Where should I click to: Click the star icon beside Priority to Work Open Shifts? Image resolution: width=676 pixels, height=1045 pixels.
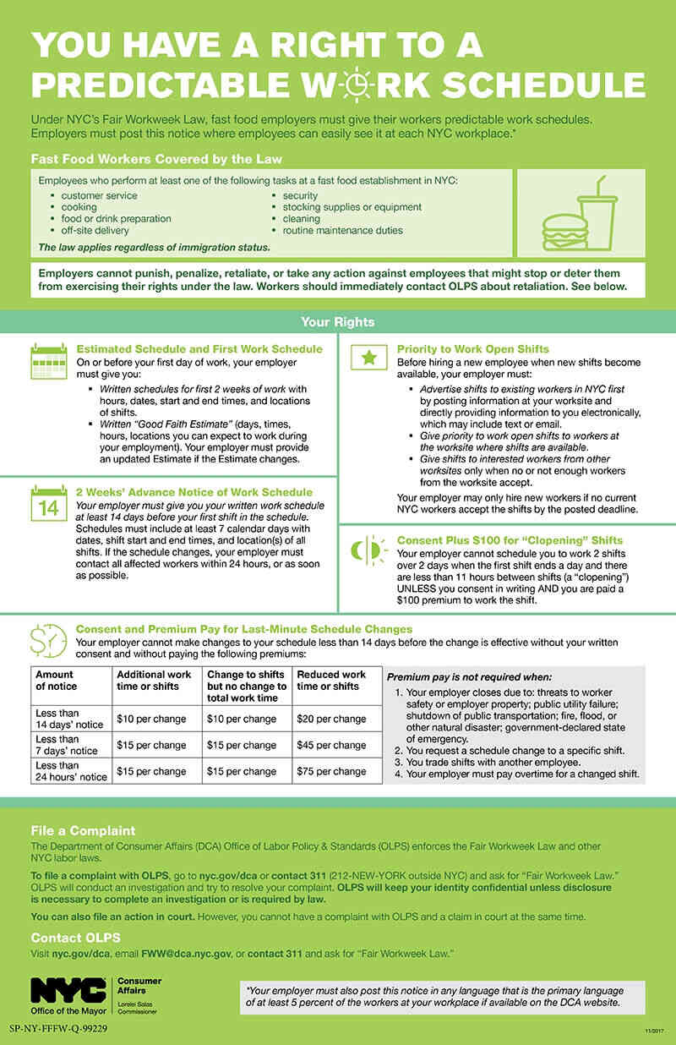point(368,358)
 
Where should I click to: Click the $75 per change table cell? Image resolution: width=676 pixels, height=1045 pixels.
point(331,771)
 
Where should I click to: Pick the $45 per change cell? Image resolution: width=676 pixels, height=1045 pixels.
point(331,745)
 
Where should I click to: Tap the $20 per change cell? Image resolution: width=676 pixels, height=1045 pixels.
point(331,719)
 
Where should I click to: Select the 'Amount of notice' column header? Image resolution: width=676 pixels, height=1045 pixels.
point(56,681)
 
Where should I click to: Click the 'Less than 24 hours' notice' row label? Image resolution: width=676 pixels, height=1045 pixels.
point(70,771)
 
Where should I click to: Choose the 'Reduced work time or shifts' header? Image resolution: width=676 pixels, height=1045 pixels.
point(331,681)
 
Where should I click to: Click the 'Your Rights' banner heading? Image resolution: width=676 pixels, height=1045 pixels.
point(338,322)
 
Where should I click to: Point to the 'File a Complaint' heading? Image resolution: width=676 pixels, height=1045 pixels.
point(83,830)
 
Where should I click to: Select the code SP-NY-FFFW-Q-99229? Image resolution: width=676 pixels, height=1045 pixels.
point(59,1029)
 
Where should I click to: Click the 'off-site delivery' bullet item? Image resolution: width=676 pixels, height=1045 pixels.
point(95,230)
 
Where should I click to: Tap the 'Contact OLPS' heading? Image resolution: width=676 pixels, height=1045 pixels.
point(76,938)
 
